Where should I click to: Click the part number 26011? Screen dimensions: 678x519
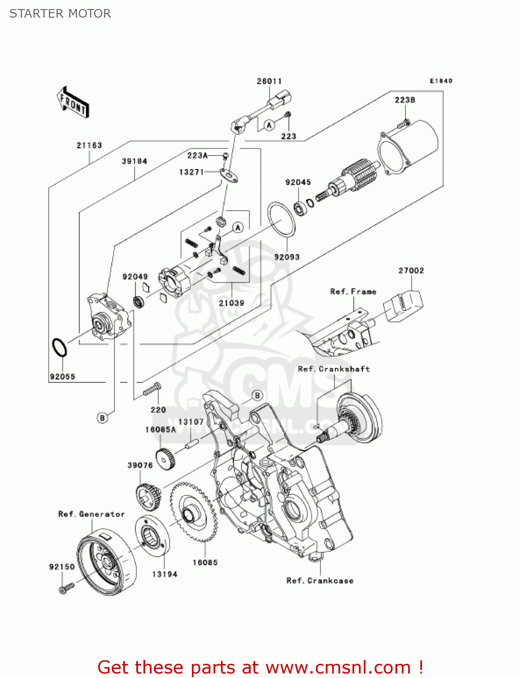pyautogui.click(x=269, y=81)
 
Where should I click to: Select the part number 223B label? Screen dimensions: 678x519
pyautogui.click(x=405, y=100)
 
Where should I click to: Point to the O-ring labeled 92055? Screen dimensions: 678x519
pyautogui.click(x=59, y=348)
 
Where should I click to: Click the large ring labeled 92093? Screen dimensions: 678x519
pyautogui.click(x=281, y=219)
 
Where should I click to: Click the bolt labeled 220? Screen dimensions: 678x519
pyautogui.click(x=152, y=389)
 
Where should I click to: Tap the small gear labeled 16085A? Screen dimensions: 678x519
pyautogui.click(x=165, y=459)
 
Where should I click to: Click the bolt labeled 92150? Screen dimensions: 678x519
pyautogui.click(x=66, y=588)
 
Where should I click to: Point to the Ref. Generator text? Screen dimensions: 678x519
pyautogui.click(x=91, y=514)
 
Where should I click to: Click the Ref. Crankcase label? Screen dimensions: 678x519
pyautogui.click(x=320, y=581)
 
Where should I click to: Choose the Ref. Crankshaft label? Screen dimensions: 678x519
pyautogui.click(x=334, y=369)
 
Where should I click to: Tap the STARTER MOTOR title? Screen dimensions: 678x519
pyautogui.click(x=60, y=14)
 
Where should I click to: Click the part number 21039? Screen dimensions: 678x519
pyautogui.click(x=232, y=303)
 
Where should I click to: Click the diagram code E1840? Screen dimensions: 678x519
pyautogui.click(x=441, y=81)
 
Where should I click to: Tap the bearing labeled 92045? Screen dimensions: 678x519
pyautogui.click(x=300, y=208)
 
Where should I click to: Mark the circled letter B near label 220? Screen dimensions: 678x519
pyautogui.click(x=102, y=418)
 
